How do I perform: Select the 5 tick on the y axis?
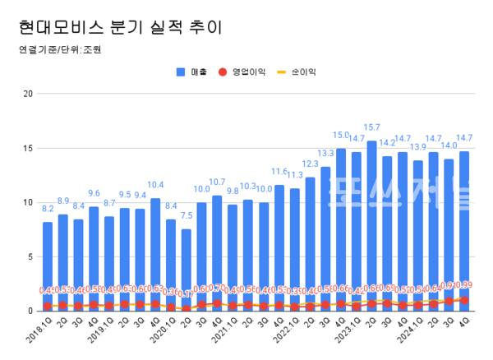point(30,256)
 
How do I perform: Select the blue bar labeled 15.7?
point(371,222)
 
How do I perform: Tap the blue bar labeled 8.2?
point(48,263)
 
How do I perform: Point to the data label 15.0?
point(340,135)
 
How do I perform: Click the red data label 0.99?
point(467,285)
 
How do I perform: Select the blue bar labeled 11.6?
point(279,247)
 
